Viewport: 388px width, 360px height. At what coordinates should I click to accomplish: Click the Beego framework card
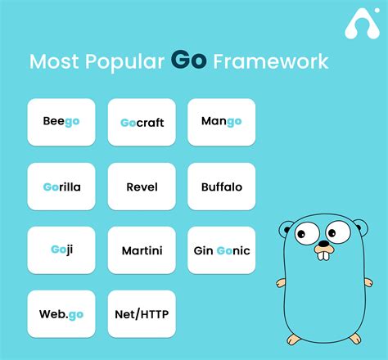[61, 122]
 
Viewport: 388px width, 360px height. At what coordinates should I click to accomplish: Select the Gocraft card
[142, 122]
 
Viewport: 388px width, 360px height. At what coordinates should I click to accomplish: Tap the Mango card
[222, 122]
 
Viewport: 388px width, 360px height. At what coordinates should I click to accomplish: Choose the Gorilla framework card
[61, 187]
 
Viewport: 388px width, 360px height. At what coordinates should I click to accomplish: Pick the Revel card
[142, 187]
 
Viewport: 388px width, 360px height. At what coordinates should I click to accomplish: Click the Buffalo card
[222, 187]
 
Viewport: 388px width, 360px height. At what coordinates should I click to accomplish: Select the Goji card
[61, 250]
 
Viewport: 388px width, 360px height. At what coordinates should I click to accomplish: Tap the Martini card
[142, 250]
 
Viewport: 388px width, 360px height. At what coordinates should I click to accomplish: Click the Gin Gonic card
[222, 250]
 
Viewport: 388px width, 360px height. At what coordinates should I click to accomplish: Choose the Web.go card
[61, 313]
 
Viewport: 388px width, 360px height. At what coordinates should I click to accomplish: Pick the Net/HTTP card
[142, 313]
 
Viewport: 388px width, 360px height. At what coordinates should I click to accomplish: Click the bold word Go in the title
[188, 60]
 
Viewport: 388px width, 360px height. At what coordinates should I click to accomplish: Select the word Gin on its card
[204, 250]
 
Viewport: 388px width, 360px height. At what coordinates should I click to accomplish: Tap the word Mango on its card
[222, 122]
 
